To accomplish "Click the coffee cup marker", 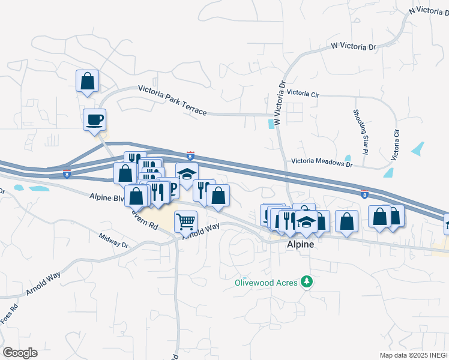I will [94, 119].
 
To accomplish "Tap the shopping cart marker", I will [185, 221].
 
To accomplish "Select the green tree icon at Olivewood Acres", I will [307, 281].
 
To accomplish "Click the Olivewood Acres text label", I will [267, 281].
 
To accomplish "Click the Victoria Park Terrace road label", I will [172, 100].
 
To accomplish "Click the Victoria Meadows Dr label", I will [321, 161].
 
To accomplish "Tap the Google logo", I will [20, 352].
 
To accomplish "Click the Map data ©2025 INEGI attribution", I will [412, 355].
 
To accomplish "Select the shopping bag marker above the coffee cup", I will [87, 81].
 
